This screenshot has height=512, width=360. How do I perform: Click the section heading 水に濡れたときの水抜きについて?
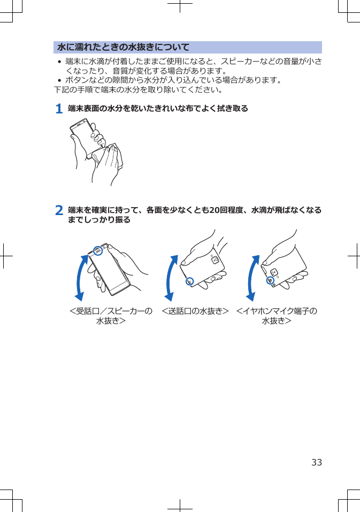tap(124, 47)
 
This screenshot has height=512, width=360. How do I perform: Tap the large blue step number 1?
tap(59, 109)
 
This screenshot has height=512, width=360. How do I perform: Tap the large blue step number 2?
tap(59, 210)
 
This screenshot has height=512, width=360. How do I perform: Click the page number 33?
tap(317, 462)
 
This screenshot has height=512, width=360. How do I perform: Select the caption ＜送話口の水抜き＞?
tap(195, 311)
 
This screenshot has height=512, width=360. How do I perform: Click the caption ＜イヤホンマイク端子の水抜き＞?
tap(277, 316)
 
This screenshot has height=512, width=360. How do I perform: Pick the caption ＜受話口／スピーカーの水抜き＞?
tap(111, 316)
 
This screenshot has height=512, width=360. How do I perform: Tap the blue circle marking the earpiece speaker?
tap(97, 250)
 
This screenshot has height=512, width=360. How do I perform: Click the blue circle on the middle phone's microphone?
tap(189, 281)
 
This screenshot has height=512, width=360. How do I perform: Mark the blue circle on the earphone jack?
tap(271, 280)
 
